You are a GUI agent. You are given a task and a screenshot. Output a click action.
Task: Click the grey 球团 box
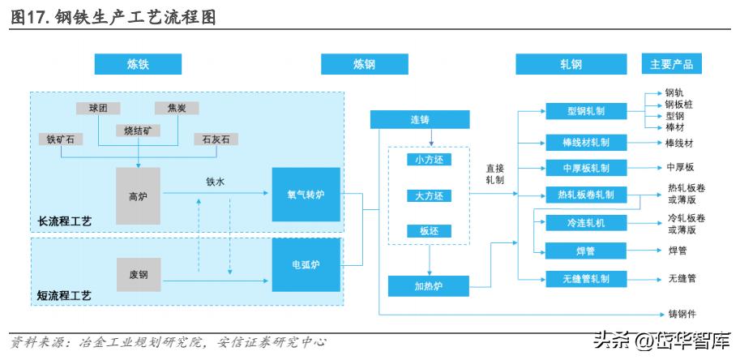pos(99,108)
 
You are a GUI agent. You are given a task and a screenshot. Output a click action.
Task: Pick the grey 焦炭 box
pos(176,108)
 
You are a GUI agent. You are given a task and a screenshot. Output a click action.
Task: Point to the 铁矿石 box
pos(60,139)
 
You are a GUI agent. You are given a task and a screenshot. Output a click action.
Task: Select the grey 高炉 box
pos(138,195)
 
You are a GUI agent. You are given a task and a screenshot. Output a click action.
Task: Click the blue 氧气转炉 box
pos(306,195)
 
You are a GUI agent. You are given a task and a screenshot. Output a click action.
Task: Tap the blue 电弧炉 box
pos(306,264)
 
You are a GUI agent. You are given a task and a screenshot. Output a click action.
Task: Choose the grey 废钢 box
pos(138,274)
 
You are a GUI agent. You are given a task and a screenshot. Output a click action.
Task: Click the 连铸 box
pos(419,120)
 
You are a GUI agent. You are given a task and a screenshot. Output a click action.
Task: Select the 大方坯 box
pos(430,195)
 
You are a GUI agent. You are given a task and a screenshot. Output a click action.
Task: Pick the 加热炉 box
pos(429,286)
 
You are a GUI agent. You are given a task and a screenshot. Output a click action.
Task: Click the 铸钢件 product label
pos(682,314)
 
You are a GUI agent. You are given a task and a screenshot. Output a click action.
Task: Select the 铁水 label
pos(214,182)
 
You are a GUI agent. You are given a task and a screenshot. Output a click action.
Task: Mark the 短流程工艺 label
pos(65,297)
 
